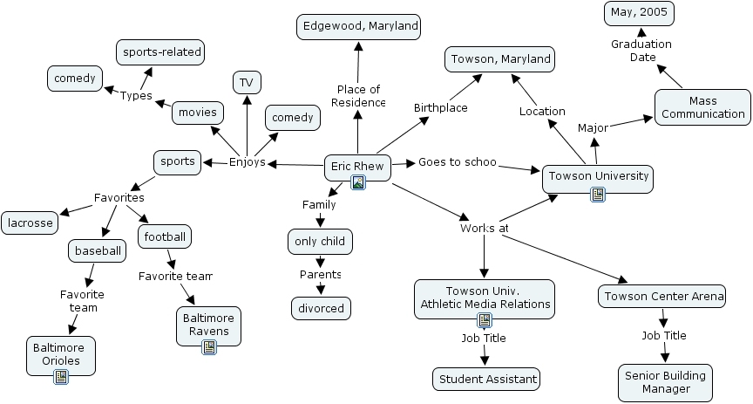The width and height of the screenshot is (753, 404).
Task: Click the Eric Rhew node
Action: (x=357, y=166)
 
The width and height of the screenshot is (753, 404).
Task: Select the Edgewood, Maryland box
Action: (x=358, y=26)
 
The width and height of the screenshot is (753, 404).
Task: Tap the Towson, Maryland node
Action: (x=500, y=59)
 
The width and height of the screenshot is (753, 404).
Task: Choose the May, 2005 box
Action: (x=639, y=13)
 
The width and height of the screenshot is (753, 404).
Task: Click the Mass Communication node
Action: (x=702, y=106)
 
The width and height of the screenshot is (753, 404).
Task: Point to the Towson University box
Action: (x=597, y=176)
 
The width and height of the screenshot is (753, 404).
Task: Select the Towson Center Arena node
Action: (x=662, y=297)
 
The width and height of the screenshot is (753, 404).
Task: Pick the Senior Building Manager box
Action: (x=666, y=382)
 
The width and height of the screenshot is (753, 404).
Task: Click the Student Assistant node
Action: (x=486, y=379)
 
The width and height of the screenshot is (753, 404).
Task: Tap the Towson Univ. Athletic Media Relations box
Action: (x=485, y=298)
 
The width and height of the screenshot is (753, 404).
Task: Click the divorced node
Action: (x=322, y=307)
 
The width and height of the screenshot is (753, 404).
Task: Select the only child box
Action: (x=320, y=241)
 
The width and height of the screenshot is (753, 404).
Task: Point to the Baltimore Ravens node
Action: (x=208, y=325)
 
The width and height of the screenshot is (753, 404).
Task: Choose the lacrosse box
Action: (x=30, y=223)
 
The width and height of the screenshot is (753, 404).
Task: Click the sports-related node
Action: (x=161, y=51)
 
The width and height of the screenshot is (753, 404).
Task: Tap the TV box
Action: (x=247, y=83)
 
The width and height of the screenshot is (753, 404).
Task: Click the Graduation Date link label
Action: (x=641, y=51)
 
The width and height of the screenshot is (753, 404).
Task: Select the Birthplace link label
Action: (x=440, y=108)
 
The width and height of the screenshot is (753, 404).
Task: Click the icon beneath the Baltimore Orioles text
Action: (x=61, y=377)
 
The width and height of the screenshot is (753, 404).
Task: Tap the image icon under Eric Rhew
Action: (x=357, y=182)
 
